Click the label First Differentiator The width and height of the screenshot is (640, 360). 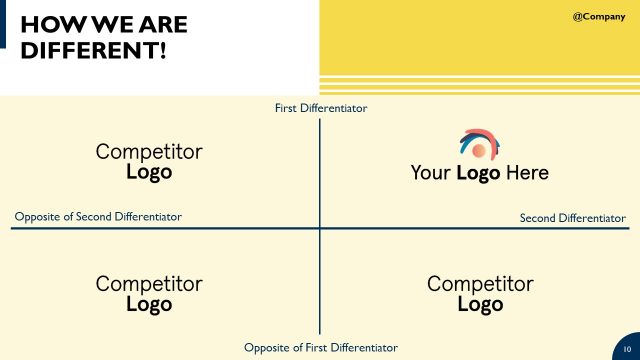coord(321,108)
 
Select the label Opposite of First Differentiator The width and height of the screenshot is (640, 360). coord(321,347)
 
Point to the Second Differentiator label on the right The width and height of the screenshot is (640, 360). coord(573,217)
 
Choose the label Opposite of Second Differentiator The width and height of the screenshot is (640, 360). coord(98,216)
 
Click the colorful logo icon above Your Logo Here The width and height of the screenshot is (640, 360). coord(479,145)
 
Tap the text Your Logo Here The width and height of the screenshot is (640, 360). coord(479,173)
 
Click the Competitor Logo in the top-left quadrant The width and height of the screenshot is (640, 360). coord(149,161)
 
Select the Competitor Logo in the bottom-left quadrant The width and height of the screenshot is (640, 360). coord(149,294)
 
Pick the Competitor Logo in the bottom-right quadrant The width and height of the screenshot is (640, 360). coord(480,294)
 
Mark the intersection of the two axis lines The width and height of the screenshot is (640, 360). coord(320,229)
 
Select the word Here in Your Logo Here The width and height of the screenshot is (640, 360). coord(527,173)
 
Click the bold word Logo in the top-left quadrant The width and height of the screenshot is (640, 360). coord(149,171)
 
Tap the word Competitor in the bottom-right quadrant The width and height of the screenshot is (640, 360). coord(480,284)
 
